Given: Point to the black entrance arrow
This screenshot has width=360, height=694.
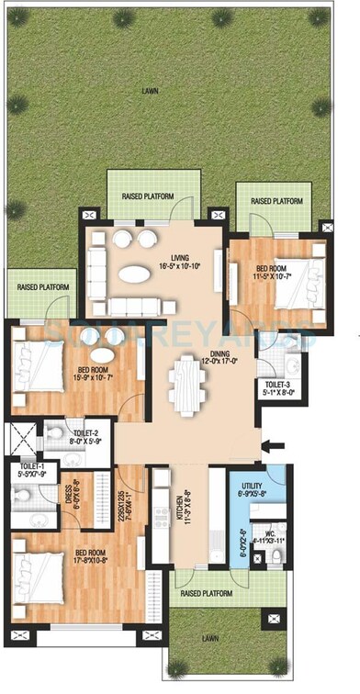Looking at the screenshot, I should pos(273,447).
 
